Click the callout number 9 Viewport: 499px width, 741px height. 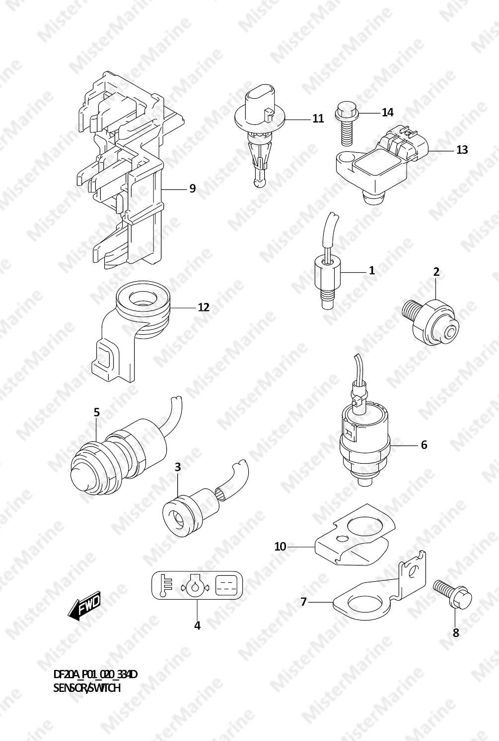192,188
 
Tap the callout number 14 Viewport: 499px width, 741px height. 387,113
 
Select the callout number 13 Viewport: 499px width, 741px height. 462,150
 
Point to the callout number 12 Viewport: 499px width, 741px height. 204,308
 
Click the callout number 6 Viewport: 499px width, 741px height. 424,445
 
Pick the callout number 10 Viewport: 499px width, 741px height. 280,547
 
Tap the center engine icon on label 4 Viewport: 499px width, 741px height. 195,586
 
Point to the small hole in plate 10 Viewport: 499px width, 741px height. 342,539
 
